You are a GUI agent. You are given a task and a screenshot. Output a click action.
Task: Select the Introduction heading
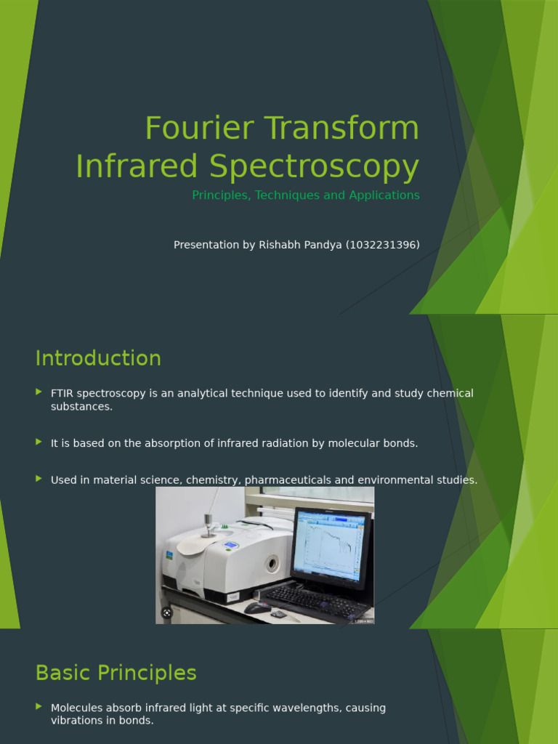[x=98, y=358]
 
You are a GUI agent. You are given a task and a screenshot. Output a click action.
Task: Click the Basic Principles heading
[x=116, y=673]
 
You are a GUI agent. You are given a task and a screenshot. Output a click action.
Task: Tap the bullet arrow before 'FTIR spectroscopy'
[x=39, y=392]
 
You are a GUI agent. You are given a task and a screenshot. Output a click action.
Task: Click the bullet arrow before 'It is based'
[x=39, y=442]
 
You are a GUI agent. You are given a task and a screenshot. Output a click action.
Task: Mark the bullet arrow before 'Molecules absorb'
[x=39, y=706]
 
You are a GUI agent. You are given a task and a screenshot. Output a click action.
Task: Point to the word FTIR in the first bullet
[x=62, y=394]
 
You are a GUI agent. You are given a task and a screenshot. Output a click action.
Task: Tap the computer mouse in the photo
[x=256, y=607]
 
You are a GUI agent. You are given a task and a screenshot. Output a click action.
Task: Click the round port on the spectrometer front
[x=272, y=563]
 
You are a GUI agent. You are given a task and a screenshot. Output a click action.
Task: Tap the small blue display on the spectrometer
[x=230, y=545]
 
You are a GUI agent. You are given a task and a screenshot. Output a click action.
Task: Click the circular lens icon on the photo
[x=167, y=613]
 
